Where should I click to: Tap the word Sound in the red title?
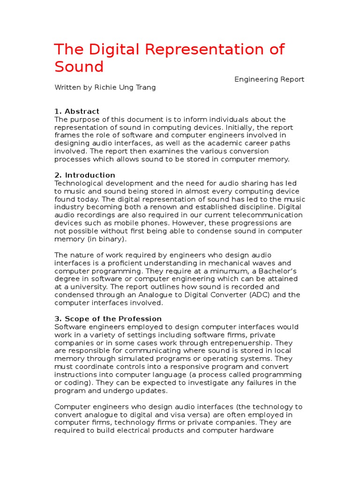tap(79, 67)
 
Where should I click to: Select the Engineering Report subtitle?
tap(269, 80)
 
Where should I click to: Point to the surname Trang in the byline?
tap(145, 87)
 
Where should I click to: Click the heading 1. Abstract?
tap(77, 112)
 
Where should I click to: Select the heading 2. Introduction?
tap(85, 175)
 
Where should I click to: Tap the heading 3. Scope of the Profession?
tap(108, 319)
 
